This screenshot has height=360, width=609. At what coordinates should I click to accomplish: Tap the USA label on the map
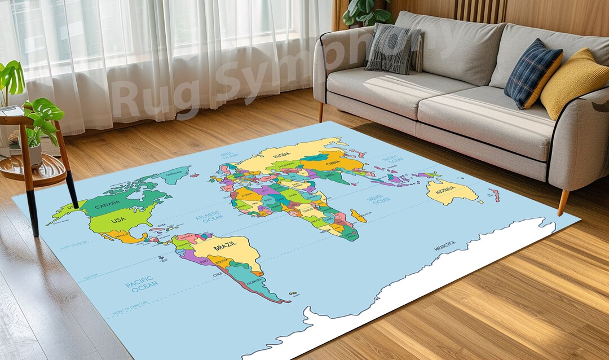pos(118,219)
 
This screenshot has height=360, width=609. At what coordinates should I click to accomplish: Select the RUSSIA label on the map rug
pos(282,155)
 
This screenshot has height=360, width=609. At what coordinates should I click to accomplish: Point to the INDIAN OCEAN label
pos(378,200)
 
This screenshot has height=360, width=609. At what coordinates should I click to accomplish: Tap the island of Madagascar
pos(358,216)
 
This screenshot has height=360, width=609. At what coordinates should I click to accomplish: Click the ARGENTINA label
pos(255,281)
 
